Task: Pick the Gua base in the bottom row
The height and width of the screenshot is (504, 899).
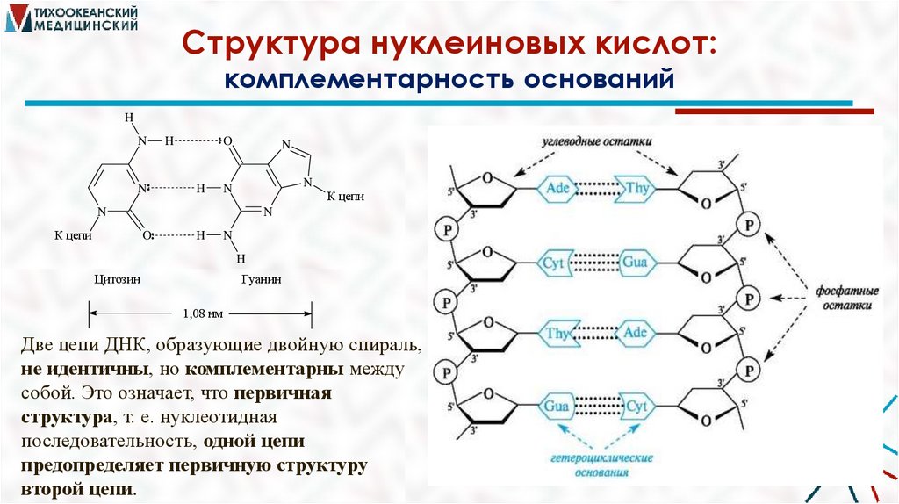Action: [556, 406]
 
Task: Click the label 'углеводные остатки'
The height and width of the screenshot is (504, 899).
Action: [601, 141]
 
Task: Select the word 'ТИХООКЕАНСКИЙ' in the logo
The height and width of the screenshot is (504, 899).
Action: [97, 12]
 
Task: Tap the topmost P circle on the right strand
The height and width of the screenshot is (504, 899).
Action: [749, 224]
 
